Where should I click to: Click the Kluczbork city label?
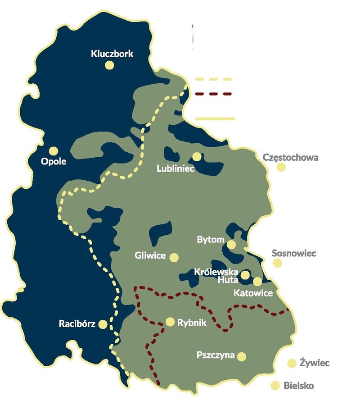[x=112, y=54]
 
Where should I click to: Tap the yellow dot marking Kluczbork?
[x=109, y=65]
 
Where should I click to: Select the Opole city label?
[x=53, y=161]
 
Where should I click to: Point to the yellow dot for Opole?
[x=54, y=151]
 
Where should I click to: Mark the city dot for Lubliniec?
[x=197, y=156]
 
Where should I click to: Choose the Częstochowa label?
[x=290, y=158]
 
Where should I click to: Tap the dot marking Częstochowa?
[x=281, y=167]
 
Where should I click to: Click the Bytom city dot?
[x=231, y=245]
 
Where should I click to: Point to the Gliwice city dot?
[x=174, y=257]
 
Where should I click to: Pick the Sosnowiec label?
[x=294, y=253]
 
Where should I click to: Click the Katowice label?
[x=253, y=293]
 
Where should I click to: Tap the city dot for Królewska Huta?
[x=245, y=275]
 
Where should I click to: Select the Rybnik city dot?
[x=170, y=322]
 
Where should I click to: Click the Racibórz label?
[x=77, y=324]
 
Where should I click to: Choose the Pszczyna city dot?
[x=242, y=356]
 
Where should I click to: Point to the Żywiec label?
[x=315, y=363]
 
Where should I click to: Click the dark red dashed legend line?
[x=214, y=94]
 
